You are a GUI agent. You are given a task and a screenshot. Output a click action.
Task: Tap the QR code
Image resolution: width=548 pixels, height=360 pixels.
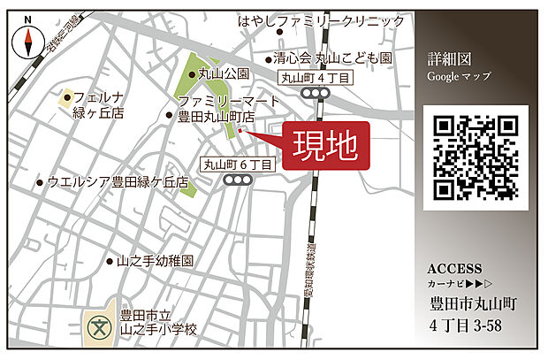click(476, 157)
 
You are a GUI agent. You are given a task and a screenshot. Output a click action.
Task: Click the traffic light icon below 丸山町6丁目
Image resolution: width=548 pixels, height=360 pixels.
click(238, 180)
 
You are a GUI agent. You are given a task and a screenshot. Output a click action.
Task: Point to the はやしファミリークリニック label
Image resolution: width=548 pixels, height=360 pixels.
click(322, 20)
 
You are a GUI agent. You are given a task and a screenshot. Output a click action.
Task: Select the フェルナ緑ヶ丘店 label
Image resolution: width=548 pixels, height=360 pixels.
click(98, 105)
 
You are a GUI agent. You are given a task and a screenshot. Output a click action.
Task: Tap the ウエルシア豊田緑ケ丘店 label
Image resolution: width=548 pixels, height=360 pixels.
click(118, 182)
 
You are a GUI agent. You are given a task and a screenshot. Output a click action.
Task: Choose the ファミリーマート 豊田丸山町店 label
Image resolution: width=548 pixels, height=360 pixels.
click(217, 109)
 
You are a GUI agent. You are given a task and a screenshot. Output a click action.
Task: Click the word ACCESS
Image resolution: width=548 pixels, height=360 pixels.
click(454, 269)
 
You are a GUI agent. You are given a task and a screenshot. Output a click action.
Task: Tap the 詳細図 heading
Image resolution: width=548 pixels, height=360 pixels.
click(449, 58)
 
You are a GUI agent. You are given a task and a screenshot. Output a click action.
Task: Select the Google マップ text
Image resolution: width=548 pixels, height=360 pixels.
click(458, 76)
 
